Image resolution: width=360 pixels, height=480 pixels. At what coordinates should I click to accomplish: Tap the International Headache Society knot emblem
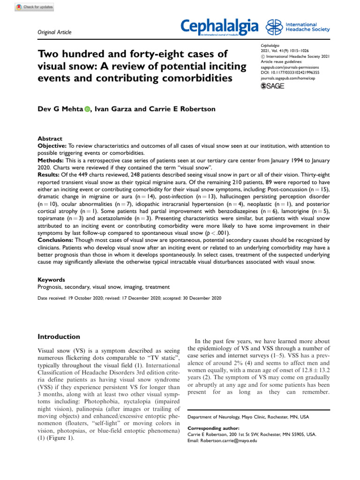(x=274, y=27)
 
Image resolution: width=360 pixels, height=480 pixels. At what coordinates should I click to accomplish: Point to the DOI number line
(x=290, y=73)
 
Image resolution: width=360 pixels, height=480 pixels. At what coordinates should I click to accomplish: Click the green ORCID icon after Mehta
(x=87, y=109)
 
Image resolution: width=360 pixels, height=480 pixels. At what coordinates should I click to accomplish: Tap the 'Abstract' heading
(x=50, y=139)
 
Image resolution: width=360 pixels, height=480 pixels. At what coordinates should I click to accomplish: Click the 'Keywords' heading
(x=51, y=279)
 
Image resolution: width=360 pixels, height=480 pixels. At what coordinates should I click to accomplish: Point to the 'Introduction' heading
(x=59, y=337)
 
